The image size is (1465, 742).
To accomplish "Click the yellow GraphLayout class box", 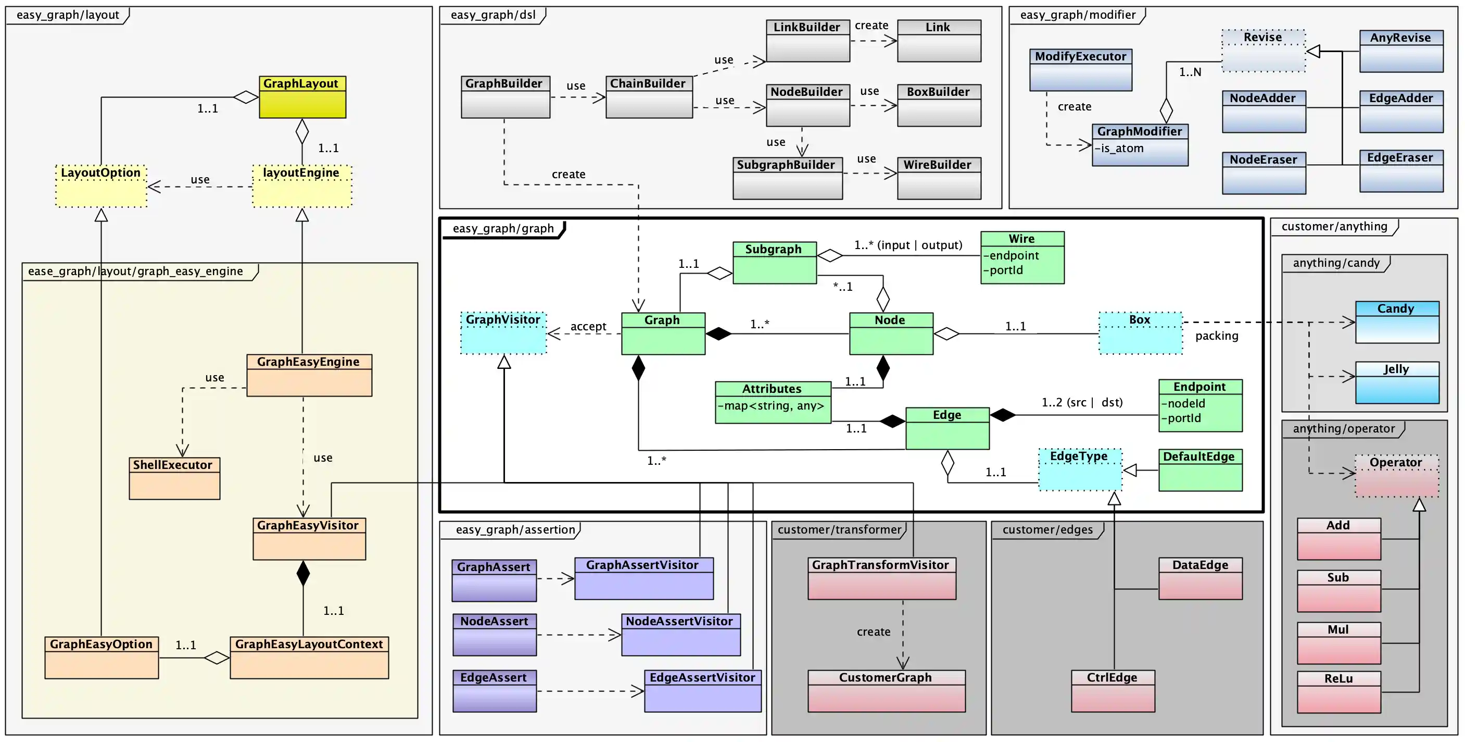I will coord(302,97).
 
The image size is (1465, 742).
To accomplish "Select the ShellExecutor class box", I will coord(174,478).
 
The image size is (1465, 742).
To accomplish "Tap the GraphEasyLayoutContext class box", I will coord(309,657).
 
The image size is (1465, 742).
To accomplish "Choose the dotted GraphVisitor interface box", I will coord(503,333).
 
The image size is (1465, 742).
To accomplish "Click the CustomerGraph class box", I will coord(886,691).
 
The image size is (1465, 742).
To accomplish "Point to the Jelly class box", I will coord(1397,382).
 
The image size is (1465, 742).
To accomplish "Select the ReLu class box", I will coord(1338,691).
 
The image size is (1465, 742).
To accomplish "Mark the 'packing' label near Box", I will coord(1217,336).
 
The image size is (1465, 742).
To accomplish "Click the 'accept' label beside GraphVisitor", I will coord(588,326).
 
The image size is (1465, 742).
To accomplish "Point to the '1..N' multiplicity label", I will coord(1190,72).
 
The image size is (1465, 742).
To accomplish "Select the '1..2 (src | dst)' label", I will coord(1082,402).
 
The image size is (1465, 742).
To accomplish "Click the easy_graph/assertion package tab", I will coord(515,530).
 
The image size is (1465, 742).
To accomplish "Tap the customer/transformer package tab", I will coord(839,530).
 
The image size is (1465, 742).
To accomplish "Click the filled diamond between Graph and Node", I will coord(718,334).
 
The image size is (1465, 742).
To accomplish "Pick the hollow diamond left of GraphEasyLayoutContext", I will coord(217,658).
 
